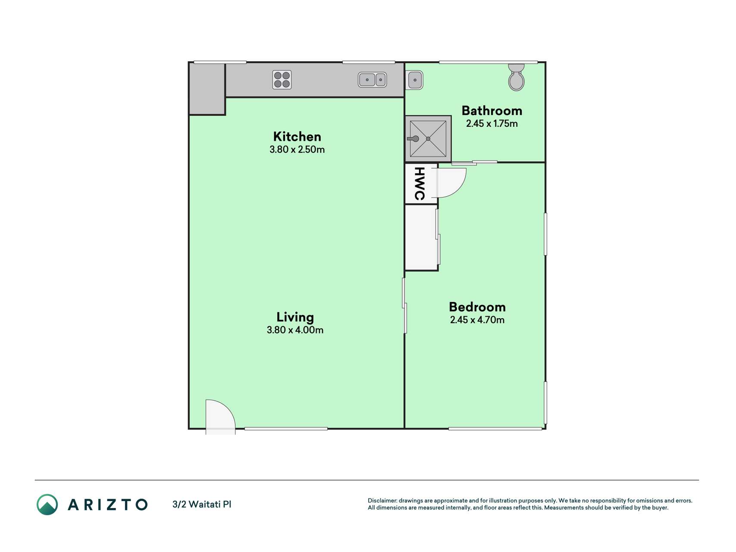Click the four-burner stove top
point(282,80)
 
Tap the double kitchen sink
point(372,80)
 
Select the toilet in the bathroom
point(516,77)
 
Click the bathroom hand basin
point(415,80)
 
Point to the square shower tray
point(428,139)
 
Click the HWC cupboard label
point(420,183)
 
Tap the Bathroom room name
point(492,111)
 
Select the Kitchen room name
point(297,137)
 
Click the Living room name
point(295,317)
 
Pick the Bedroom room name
point(477,307)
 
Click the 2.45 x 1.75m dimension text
point(492,124)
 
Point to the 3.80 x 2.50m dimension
point(297,150)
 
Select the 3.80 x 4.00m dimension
point(295,330)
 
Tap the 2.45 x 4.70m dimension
point(477,320)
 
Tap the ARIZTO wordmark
point(108,505)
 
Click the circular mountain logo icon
point(47,505)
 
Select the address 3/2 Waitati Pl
point(202,504)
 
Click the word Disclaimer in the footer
point(382,501)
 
